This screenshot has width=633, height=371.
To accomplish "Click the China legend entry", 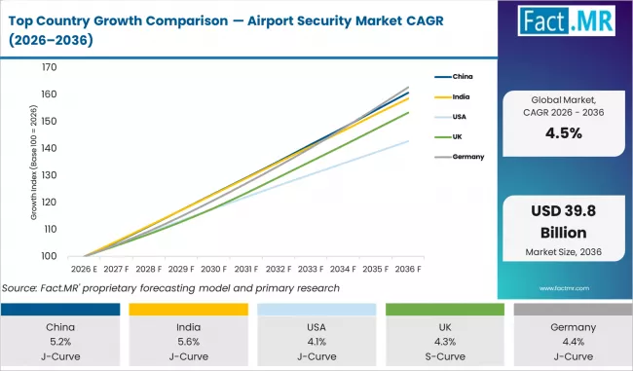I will click(x=464, y=74).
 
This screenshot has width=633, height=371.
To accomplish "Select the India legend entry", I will click(x=464, y=95).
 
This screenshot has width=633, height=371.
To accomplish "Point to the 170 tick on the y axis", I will click(x=49, y=68).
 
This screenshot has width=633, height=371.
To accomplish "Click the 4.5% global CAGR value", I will click(x=563, y=133).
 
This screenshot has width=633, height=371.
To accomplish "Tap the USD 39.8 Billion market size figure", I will click(x=563, y=224).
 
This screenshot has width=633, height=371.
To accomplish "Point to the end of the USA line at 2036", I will click(x=408, y=141).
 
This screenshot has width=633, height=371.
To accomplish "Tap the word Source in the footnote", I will click(x=22, y=287).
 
